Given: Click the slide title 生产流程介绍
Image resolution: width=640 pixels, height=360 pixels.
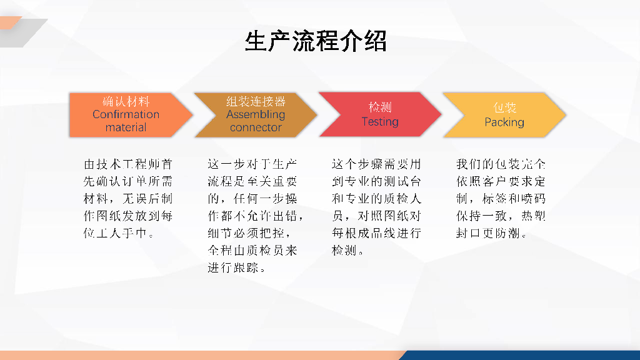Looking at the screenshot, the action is pos(316,41).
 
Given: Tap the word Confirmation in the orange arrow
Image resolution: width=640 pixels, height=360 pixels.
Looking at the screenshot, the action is pos(126,114).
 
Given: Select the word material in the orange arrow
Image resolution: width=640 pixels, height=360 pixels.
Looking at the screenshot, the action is pos(126,127).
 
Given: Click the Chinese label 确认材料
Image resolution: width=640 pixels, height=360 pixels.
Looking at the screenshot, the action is pos(126,102).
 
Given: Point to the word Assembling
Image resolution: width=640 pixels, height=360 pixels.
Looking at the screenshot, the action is pos(256,115).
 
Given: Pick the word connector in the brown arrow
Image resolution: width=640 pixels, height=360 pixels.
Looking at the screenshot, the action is pos(256,127).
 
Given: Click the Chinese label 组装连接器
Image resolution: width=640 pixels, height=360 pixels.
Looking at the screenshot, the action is pos(256,102).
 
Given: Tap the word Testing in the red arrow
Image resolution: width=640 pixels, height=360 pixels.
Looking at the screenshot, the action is pos(380,122).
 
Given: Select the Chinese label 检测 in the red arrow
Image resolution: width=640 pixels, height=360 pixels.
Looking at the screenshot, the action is pos(380,107).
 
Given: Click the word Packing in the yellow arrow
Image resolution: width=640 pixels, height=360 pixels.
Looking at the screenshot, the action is pos(504,122).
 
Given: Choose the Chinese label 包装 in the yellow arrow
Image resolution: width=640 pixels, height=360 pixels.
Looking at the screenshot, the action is pos(504,107).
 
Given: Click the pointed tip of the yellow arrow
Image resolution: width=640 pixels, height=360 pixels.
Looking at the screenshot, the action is pos(566,115).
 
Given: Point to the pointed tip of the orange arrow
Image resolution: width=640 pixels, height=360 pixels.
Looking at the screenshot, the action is pos(192,115).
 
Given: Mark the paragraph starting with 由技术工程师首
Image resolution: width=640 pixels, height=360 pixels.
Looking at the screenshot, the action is pos(128,198).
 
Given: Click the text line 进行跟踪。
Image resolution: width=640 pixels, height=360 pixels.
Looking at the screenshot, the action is pos(237,267).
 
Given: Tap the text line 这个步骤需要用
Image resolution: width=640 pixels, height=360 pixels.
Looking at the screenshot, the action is pos(376,164).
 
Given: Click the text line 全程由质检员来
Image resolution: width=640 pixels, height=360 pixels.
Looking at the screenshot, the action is pos(252,250).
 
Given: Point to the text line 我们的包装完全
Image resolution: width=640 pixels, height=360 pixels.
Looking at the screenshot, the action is pos(501,164).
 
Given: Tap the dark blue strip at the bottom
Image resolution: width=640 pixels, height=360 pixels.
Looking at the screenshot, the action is pos(521,355).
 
